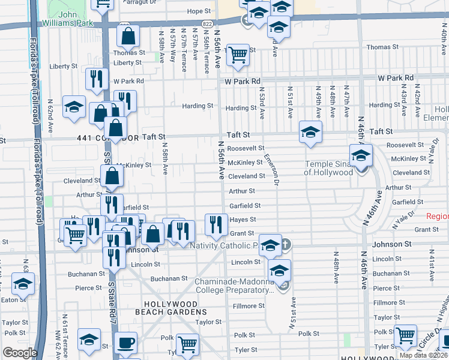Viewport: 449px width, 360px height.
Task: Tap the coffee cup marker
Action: [x=125, y=343]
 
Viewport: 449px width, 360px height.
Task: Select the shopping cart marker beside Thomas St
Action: [x=239, y=55]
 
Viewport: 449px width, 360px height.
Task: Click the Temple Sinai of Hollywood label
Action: [x=328, y=168]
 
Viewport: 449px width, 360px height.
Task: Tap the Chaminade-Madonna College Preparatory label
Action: [x=235, y=286]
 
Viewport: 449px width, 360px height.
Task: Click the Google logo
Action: [x=19, y=353]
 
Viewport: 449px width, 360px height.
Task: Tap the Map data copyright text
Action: [x=423, y=355]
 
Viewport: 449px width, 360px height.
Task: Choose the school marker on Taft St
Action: [x=310, y=133]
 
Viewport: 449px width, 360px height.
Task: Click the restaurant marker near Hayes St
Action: [x=216, y=224]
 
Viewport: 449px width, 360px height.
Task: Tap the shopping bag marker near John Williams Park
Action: [x=128, y=38]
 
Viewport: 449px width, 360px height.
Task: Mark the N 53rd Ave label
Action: [x=262, y=101]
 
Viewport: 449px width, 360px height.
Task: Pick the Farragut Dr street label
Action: [x=143, y=1]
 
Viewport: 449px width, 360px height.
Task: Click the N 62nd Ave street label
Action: [x=51, y=119]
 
